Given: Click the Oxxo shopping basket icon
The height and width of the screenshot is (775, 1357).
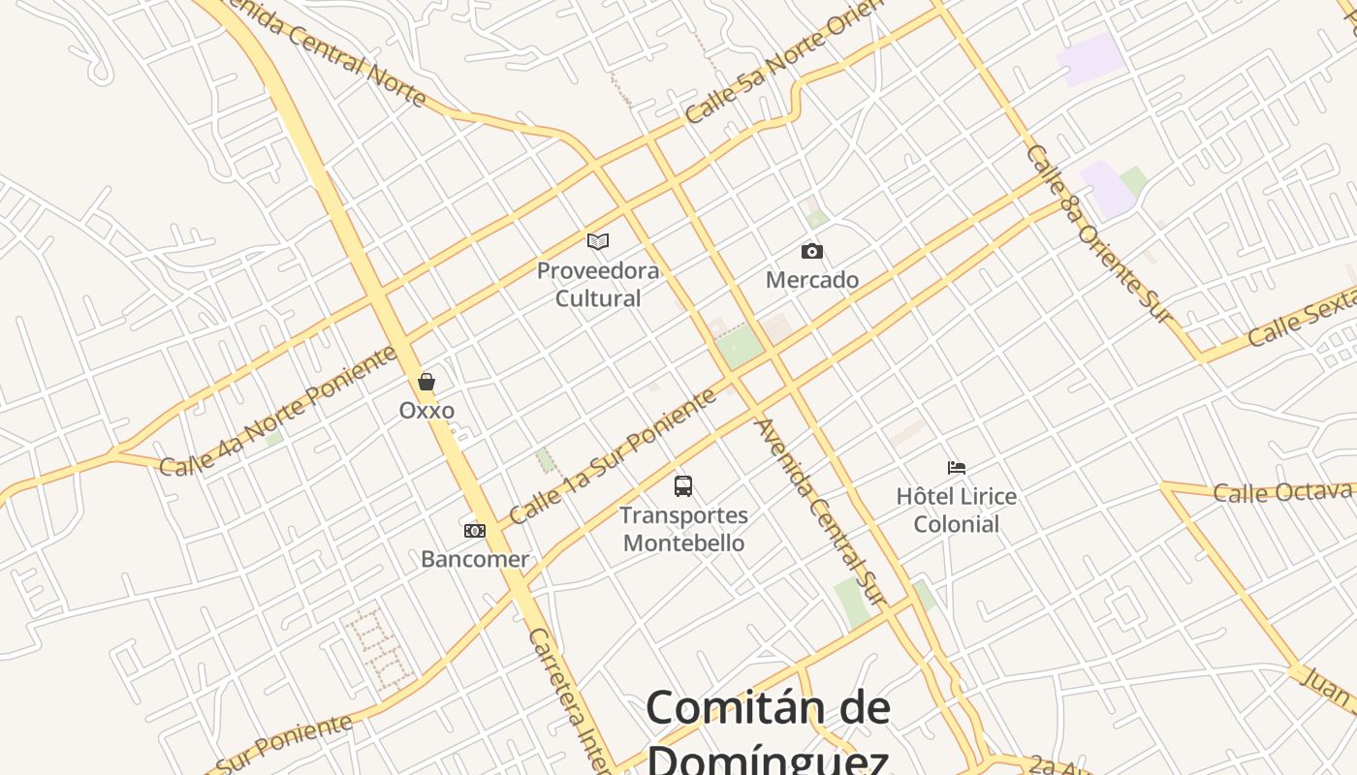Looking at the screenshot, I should coord(426,382).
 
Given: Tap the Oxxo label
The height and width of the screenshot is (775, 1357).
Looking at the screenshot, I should coord(426,410).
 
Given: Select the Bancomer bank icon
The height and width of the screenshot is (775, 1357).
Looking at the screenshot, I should coord(475,531).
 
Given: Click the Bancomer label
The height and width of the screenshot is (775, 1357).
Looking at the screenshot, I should coord(475,559).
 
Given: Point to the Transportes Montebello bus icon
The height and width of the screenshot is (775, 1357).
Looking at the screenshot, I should coord(683,486).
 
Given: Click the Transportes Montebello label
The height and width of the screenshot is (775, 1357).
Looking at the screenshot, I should coord(684,529).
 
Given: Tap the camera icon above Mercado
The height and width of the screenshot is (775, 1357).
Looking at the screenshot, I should coord(812,252).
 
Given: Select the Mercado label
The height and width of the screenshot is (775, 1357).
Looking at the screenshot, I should coord(812,280).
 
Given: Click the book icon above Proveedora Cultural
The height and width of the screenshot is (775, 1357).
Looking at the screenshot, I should coord(598,241).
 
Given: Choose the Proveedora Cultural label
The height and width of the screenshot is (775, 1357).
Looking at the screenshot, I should coord(598,284).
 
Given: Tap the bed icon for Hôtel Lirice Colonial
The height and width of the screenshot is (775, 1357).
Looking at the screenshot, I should coord(957,468).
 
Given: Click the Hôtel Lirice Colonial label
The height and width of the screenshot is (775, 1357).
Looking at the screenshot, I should coord(957,511).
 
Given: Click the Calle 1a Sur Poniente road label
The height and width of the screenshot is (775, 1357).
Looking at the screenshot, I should coord(613,455).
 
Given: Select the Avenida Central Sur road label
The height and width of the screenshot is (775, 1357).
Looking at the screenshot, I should coord(820,511).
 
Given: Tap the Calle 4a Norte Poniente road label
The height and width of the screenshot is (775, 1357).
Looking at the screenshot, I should coord(277,411).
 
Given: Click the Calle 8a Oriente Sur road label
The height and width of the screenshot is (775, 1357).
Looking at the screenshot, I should coord(1099,232).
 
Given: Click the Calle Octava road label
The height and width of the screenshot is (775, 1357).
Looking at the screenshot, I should coord(1282,492).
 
